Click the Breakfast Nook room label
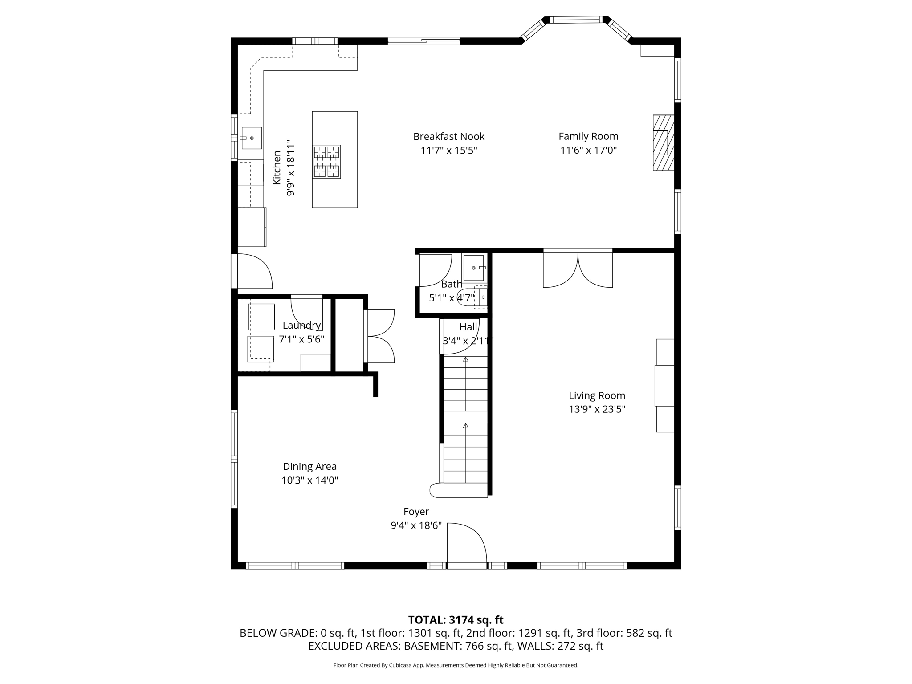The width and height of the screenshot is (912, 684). (x=448, y=136)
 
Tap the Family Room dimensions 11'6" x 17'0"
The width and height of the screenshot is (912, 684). (x=588, y=150)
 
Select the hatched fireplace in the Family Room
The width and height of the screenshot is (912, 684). (x=663, y=142)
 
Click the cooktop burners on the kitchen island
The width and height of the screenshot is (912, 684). (x=326, y=162)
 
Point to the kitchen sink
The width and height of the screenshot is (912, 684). (x=251, y=138)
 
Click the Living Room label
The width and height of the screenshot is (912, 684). (x=597, y=395)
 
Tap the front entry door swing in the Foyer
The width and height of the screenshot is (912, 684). (x=465, y=544)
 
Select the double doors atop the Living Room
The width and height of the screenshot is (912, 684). (x=578, y=269)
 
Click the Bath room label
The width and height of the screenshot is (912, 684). (x=451, y=284)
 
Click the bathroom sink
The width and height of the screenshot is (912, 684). (x=473, y=268)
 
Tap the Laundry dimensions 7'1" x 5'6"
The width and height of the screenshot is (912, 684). (x=301, y=339)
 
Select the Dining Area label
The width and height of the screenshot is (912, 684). (x=309, y=466)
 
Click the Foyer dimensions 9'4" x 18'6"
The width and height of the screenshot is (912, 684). (x=416, y=525)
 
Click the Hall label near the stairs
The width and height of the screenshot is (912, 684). (x=468, y=327)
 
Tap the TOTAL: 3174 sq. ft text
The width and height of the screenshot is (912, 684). (x=456, y=620)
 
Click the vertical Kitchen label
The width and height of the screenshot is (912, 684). (x=277, y=167)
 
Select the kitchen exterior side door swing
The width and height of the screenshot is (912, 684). (x=254, y=271)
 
